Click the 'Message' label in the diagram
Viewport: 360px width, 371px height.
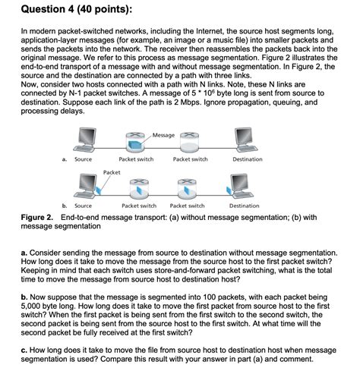pyautogui.click(x=164, y=135)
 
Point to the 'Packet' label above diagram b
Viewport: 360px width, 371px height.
pyautogui.click(x=112, y=173)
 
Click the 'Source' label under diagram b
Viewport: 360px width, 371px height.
pyautogui.click(x=84, y=206)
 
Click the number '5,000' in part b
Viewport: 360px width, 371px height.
pyautogui.click(x=33, y=307)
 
